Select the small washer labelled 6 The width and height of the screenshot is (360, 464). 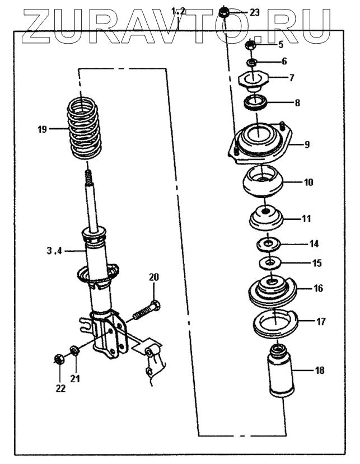pos(252,61)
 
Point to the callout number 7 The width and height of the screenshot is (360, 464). pos(291,78)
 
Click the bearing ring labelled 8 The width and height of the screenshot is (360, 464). pos(256,102)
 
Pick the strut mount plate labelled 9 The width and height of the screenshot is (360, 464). pos(260,144)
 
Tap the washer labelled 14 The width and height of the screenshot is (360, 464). pos(269,243)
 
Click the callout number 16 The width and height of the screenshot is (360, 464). pos(318,289)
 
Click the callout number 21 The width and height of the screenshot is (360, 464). pos(75,378)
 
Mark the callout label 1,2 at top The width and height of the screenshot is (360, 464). pos(178,11)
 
